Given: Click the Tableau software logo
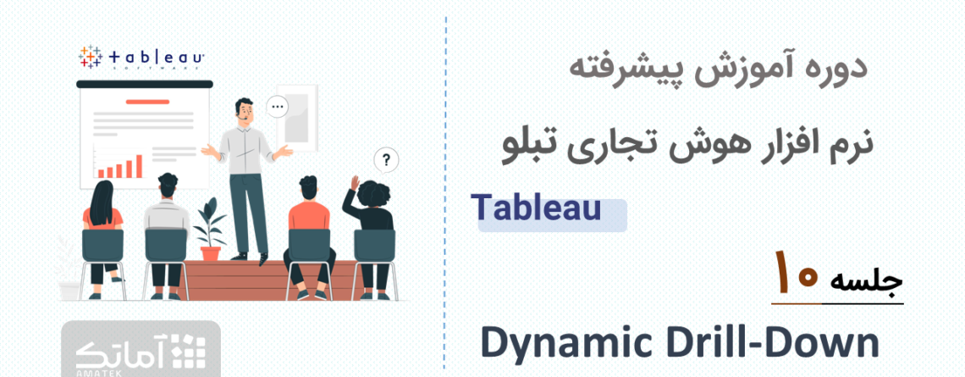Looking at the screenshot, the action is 141,58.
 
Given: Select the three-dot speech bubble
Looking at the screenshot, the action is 278,108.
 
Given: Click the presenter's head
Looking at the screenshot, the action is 244,109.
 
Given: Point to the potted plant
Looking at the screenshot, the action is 210,229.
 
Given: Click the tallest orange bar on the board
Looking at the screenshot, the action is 139,166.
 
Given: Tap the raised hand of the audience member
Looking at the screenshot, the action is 355,183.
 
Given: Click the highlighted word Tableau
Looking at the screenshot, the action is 536,208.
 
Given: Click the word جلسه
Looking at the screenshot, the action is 866,280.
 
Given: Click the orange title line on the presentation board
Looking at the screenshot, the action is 147,102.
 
